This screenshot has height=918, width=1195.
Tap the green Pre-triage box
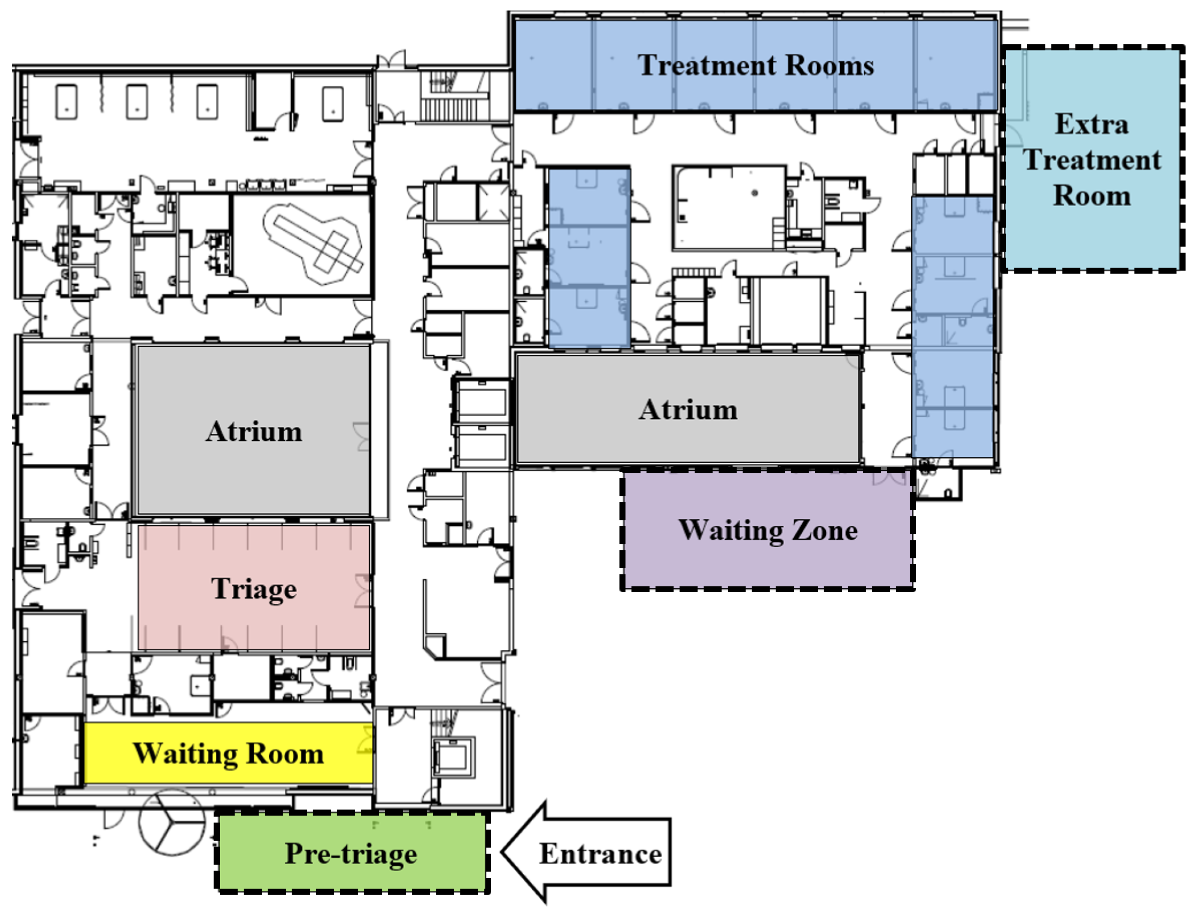pos(351,853)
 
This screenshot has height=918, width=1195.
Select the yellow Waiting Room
pos(228,754)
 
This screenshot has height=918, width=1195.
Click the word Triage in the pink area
pos(254,589)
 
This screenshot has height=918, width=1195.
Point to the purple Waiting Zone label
pos(768,530)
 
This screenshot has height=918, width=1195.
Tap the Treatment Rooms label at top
pos(756,66)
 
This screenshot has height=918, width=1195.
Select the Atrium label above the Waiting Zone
pos(688,410)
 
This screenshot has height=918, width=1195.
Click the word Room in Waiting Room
pos(284,754)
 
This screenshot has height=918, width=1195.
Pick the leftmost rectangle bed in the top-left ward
pos(67,102)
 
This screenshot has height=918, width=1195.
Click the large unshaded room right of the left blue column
pos(729,208)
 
